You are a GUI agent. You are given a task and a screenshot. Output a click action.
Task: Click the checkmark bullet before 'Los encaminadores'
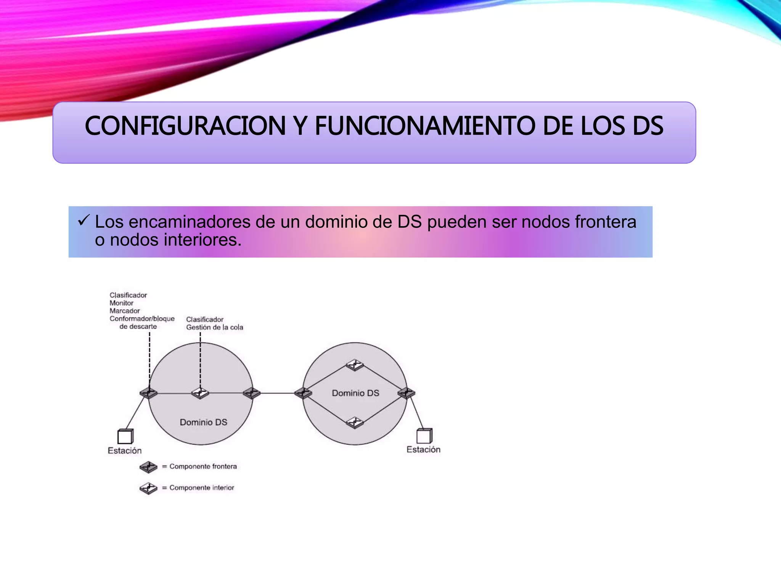tap(84, 220)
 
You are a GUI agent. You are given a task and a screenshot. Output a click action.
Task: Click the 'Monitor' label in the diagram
tap(121, 303)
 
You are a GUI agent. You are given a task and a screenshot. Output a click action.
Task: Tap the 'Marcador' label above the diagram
tap(125, 311)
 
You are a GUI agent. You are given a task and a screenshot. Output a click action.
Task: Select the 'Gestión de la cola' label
tap(214, 327)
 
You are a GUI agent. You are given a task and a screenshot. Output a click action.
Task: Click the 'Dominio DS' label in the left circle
tap(203, 422)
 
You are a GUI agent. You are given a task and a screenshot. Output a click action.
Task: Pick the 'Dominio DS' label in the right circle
tap(355, 393)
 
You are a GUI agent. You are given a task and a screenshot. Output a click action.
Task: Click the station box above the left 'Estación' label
tap(125, 436)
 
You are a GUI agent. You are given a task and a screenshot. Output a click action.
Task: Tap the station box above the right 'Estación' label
tap(424, 436)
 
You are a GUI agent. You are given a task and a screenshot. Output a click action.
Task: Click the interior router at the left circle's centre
tap(200, 393)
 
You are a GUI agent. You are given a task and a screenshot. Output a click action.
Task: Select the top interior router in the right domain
tap(355, 365)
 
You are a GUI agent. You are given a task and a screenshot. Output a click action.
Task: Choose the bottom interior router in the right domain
tap(355, 422)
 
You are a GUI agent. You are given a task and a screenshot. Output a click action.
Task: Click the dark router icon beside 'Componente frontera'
tap(148, 467)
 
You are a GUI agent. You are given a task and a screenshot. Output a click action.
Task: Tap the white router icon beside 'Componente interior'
tap(148, 488)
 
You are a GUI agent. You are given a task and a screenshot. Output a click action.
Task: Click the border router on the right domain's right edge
tap(407, 393)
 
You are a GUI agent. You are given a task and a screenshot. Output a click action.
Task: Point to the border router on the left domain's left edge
tap(149, 393)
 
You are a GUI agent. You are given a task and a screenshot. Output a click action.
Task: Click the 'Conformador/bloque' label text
tap(142, 319)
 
